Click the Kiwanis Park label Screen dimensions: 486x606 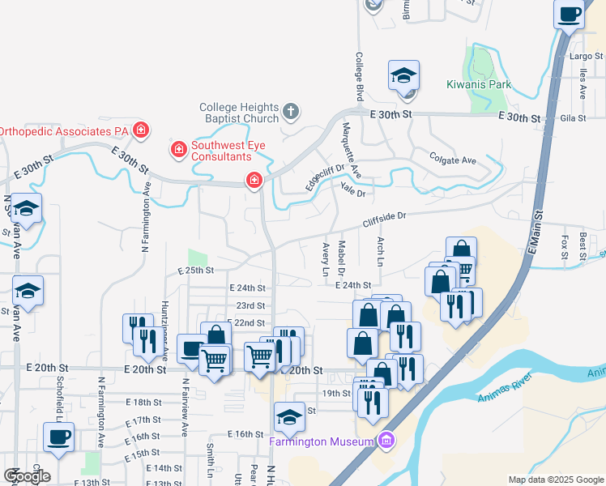pos(479,84)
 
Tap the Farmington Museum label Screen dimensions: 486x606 pos(323,441)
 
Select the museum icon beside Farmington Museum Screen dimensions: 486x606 pos(386,441)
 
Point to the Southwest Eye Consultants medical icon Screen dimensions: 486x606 pos(177,149)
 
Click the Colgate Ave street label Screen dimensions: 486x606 pos(453,160)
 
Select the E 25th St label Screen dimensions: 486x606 pos(195,270)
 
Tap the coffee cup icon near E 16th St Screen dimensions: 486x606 pos(59,438)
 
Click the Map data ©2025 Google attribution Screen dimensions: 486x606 pos(556,480)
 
